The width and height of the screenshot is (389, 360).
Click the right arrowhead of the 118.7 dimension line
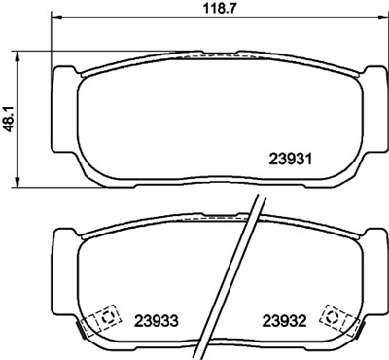(x=380, y=18)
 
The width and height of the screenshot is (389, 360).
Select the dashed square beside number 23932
(x=336, y=316)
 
